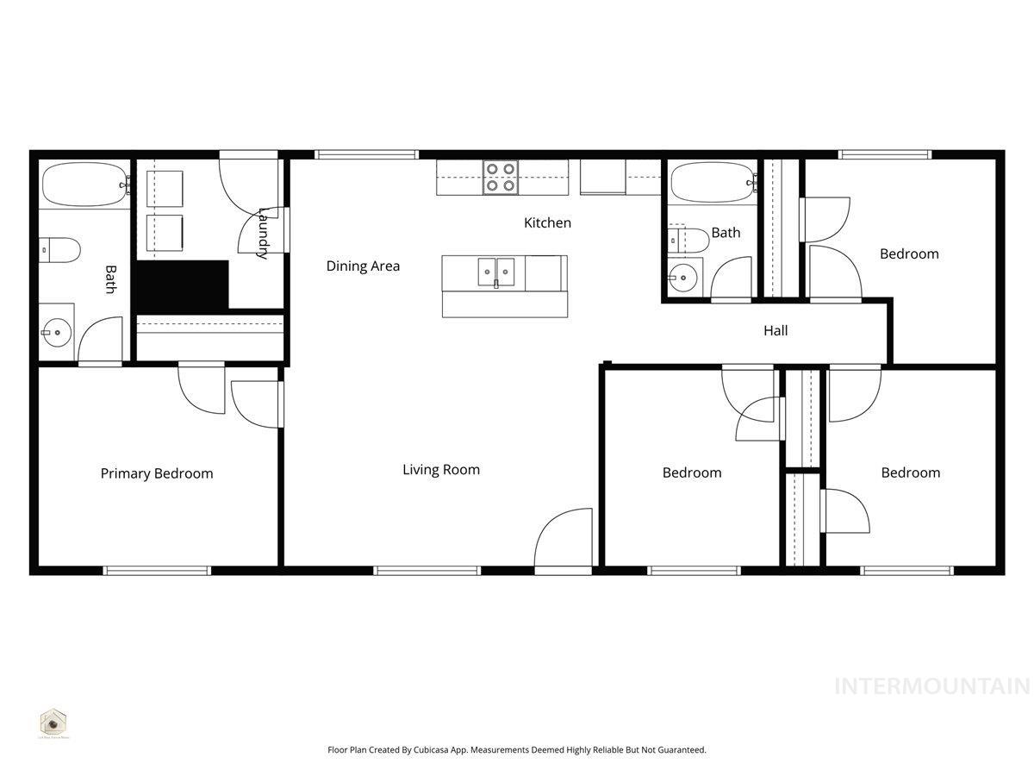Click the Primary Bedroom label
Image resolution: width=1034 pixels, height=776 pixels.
[x=157, y=473]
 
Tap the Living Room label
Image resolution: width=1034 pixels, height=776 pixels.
[x=441, y=470]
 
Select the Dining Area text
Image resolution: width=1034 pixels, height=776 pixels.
[x=363, y=266]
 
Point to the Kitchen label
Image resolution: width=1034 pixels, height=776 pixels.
[x=548, y=223]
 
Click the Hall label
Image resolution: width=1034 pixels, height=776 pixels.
[x=775, y=330]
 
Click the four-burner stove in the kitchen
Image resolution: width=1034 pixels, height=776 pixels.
[x=500, y=178]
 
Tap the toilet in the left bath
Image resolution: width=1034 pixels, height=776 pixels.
[x=60, y=250]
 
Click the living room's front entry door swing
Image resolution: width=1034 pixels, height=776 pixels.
[x=564, y=538]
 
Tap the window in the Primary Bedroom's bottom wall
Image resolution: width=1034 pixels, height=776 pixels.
[x=157, y=571]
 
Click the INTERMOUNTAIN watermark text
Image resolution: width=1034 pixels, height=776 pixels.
[x=932, y=686]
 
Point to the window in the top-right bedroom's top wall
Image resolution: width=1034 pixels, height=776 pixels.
[x=885, y=154]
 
